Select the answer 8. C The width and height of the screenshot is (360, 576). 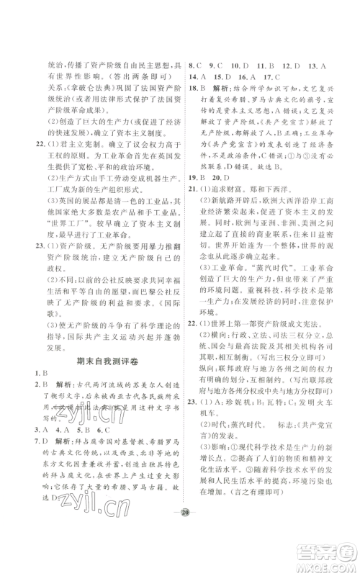(x=194, y=63)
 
